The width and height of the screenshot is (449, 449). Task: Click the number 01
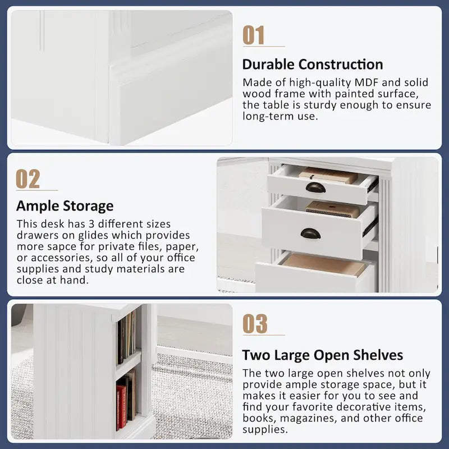click(x=254, y=35)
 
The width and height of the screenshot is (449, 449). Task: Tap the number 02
click(x=28, y=179)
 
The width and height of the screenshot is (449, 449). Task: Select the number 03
click(x=255, y=324)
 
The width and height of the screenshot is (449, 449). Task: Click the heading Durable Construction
click(x=313, y=65)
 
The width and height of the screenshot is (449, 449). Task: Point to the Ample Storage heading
click(x=65, y=206)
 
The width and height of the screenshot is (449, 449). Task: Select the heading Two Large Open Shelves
click(x=322, y=355)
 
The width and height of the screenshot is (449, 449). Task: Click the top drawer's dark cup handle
click(x=315, y=187)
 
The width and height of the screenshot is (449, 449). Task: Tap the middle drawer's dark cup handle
click(x=310, y=233)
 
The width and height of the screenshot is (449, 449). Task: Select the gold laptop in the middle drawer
click(x=332, y=209)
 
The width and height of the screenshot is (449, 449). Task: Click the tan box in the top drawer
click(x=328, y=175)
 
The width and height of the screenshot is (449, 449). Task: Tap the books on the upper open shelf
click(x=126, y=338)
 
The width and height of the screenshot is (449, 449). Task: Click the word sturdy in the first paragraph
click(x=320, y=106)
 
